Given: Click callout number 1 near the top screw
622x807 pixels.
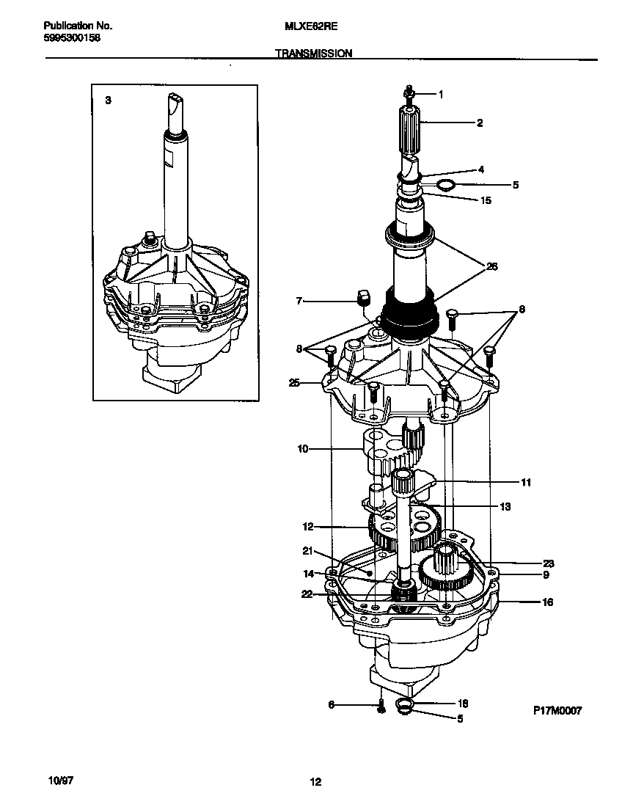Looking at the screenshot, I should pyautogui.click(x=441, y=94).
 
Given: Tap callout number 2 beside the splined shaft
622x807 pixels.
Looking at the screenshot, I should pyautogui.click(x=480, y=123).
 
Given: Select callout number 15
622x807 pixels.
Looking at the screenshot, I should pyautogui.click(x=486, y=200).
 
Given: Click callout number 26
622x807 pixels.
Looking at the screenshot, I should pyautogui.click(x=491, y=266).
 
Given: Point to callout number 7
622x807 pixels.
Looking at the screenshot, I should pyautogui.click(x=299, y=300).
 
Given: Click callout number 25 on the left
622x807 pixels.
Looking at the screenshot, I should pyautogui.click(x=294, y=382).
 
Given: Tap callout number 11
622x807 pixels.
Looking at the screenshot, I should pyautogui.click(x=526, y=483).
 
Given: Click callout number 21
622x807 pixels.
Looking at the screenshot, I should pyautogui.click(x=308, y=550).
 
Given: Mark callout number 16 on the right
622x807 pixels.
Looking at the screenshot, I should pyautogui.click(x=548, y=602).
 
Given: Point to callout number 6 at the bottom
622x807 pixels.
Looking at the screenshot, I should pyautogui.click(x=331, y=704).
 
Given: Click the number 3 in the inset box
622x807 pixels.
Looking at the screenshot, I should pyautogui.click(x=108, y=101).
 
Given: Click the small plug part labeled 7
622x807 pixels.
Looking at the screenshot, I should pyautogui.click(x=361, y=296).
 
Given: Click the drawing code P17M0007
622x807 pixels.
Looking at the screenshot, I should pyautogui.click(x=557, y=711).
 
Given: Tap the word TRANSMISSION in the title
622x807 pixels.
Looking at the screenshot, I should pyautogui.click(x=314, y=54).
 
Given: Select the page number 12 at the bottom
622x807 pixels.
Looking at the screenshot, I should pyautogui.click(x=315, y=781).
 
